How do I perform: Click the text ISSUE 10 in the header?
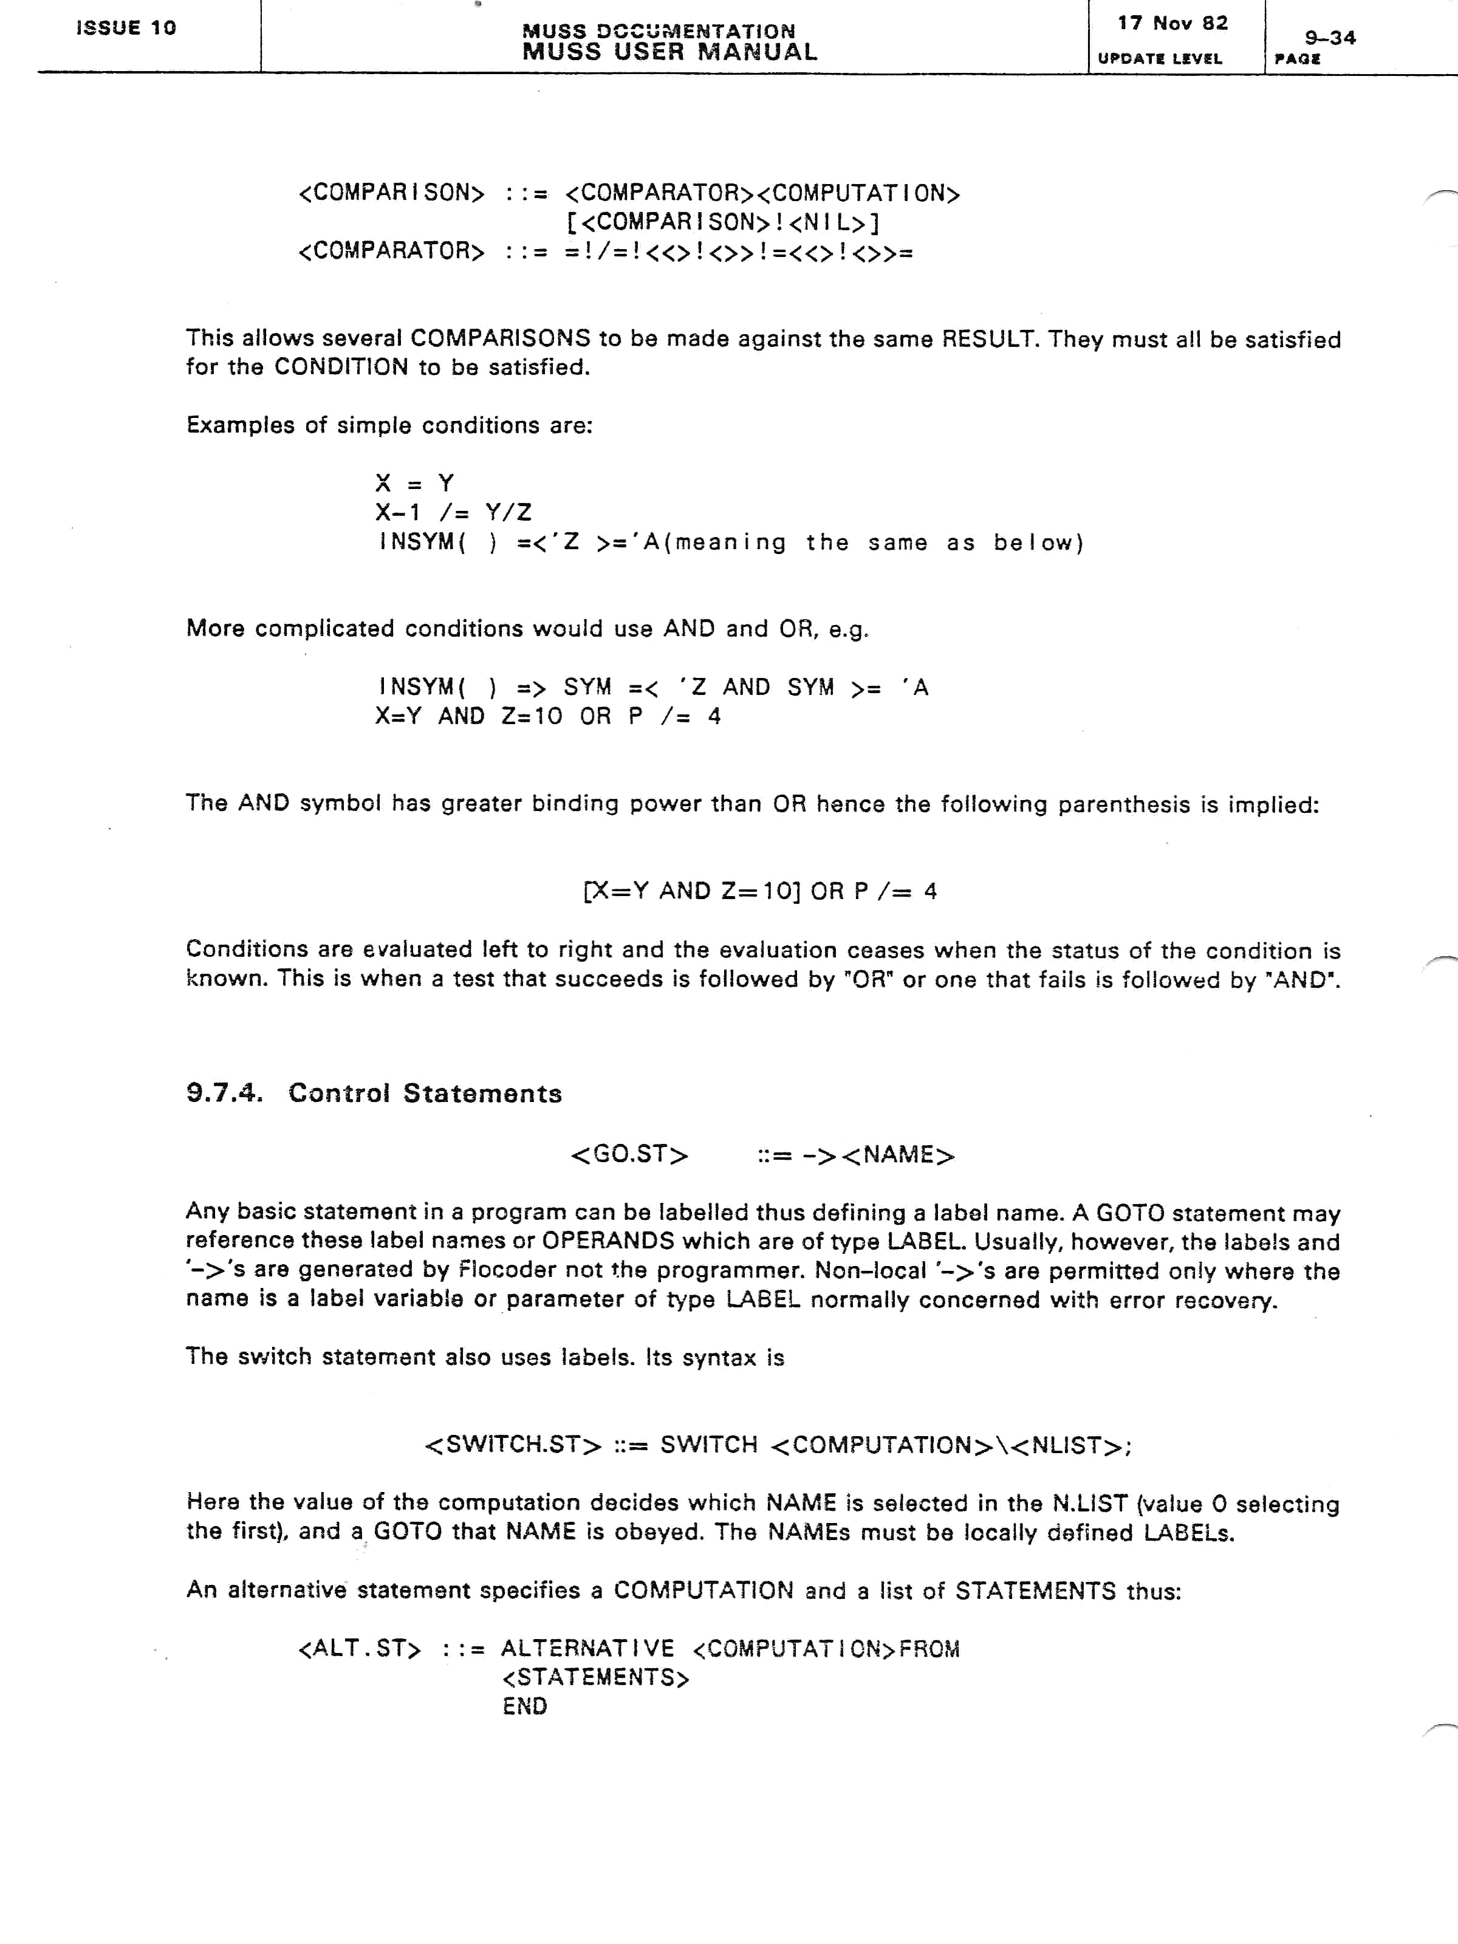126,28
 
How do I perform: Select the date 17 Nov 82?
1172,24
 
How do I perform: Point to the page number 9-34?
1330,38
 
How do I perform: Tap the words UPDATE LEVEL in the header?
1159,59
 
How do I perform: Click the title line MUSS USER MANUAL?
669,52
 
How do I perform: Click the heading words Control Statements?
425,1093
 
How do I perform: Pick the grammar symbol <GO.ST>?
629,1154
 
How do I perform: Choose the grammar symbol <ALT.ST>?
360,1649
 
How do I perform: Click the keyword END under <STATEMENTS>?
525,1706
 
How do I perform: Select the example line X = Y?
414,484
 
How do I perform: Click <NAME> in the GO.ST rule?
897,1154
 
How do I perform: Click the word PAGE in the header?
1297,60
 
